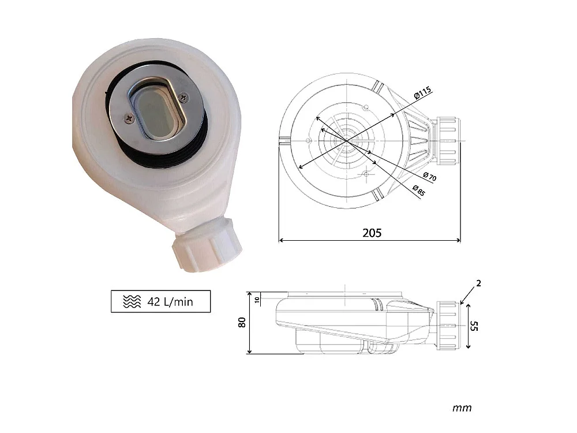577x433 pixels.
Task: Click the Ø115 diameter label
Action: pyautogui.click(x=423, y=93)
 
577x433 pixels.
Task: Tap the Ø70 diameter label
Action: pyautogui.click(x=429, y=176)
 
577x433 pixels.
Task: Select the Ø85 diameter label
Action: pyautogui.click(x=419, y=191)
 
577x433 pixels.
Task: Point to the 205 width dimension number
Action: pyautogui.click(x=372, y=233)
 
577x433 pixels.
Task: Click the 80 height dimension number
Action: pyautogui.click(x=242, y=323)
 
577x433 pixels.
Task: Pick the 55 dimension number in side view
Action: pyautogui.click(x=474, y=326)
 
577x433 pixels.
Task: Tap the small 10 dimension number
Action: pyautogui.click(x=257, y=300)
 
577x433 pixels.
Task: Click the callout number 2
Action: pyautogui.click(x=478, y=283)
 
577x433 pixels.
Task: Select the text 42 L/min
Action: pyautogui.click(x=170, y=302)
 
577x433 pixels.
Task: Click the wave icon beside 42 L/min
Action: pyautogui.click(x=132, y=301)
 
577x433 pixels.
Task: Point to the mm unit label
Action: pyautogui.click(x=462, y=408)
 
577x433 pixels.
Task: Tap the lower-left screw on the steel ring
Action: pyautogui.click(x=129, y=118)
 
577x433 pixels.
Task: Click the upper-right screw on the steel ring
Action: pyautogui.click(x=183, y=97)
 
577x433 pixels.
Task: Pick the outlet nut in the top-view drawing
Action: pyautogui.click(x=448, y=141)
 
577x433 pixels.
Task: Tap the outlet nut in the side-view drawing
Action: pyautogui.click(x=448, y=326)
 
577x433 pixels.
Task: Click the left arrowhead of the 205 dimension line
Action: pyautogui.click(x=282, y=240)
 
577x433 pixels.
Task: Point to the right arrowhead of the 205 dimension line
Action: pyautogui.click(x=458, y=240)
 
